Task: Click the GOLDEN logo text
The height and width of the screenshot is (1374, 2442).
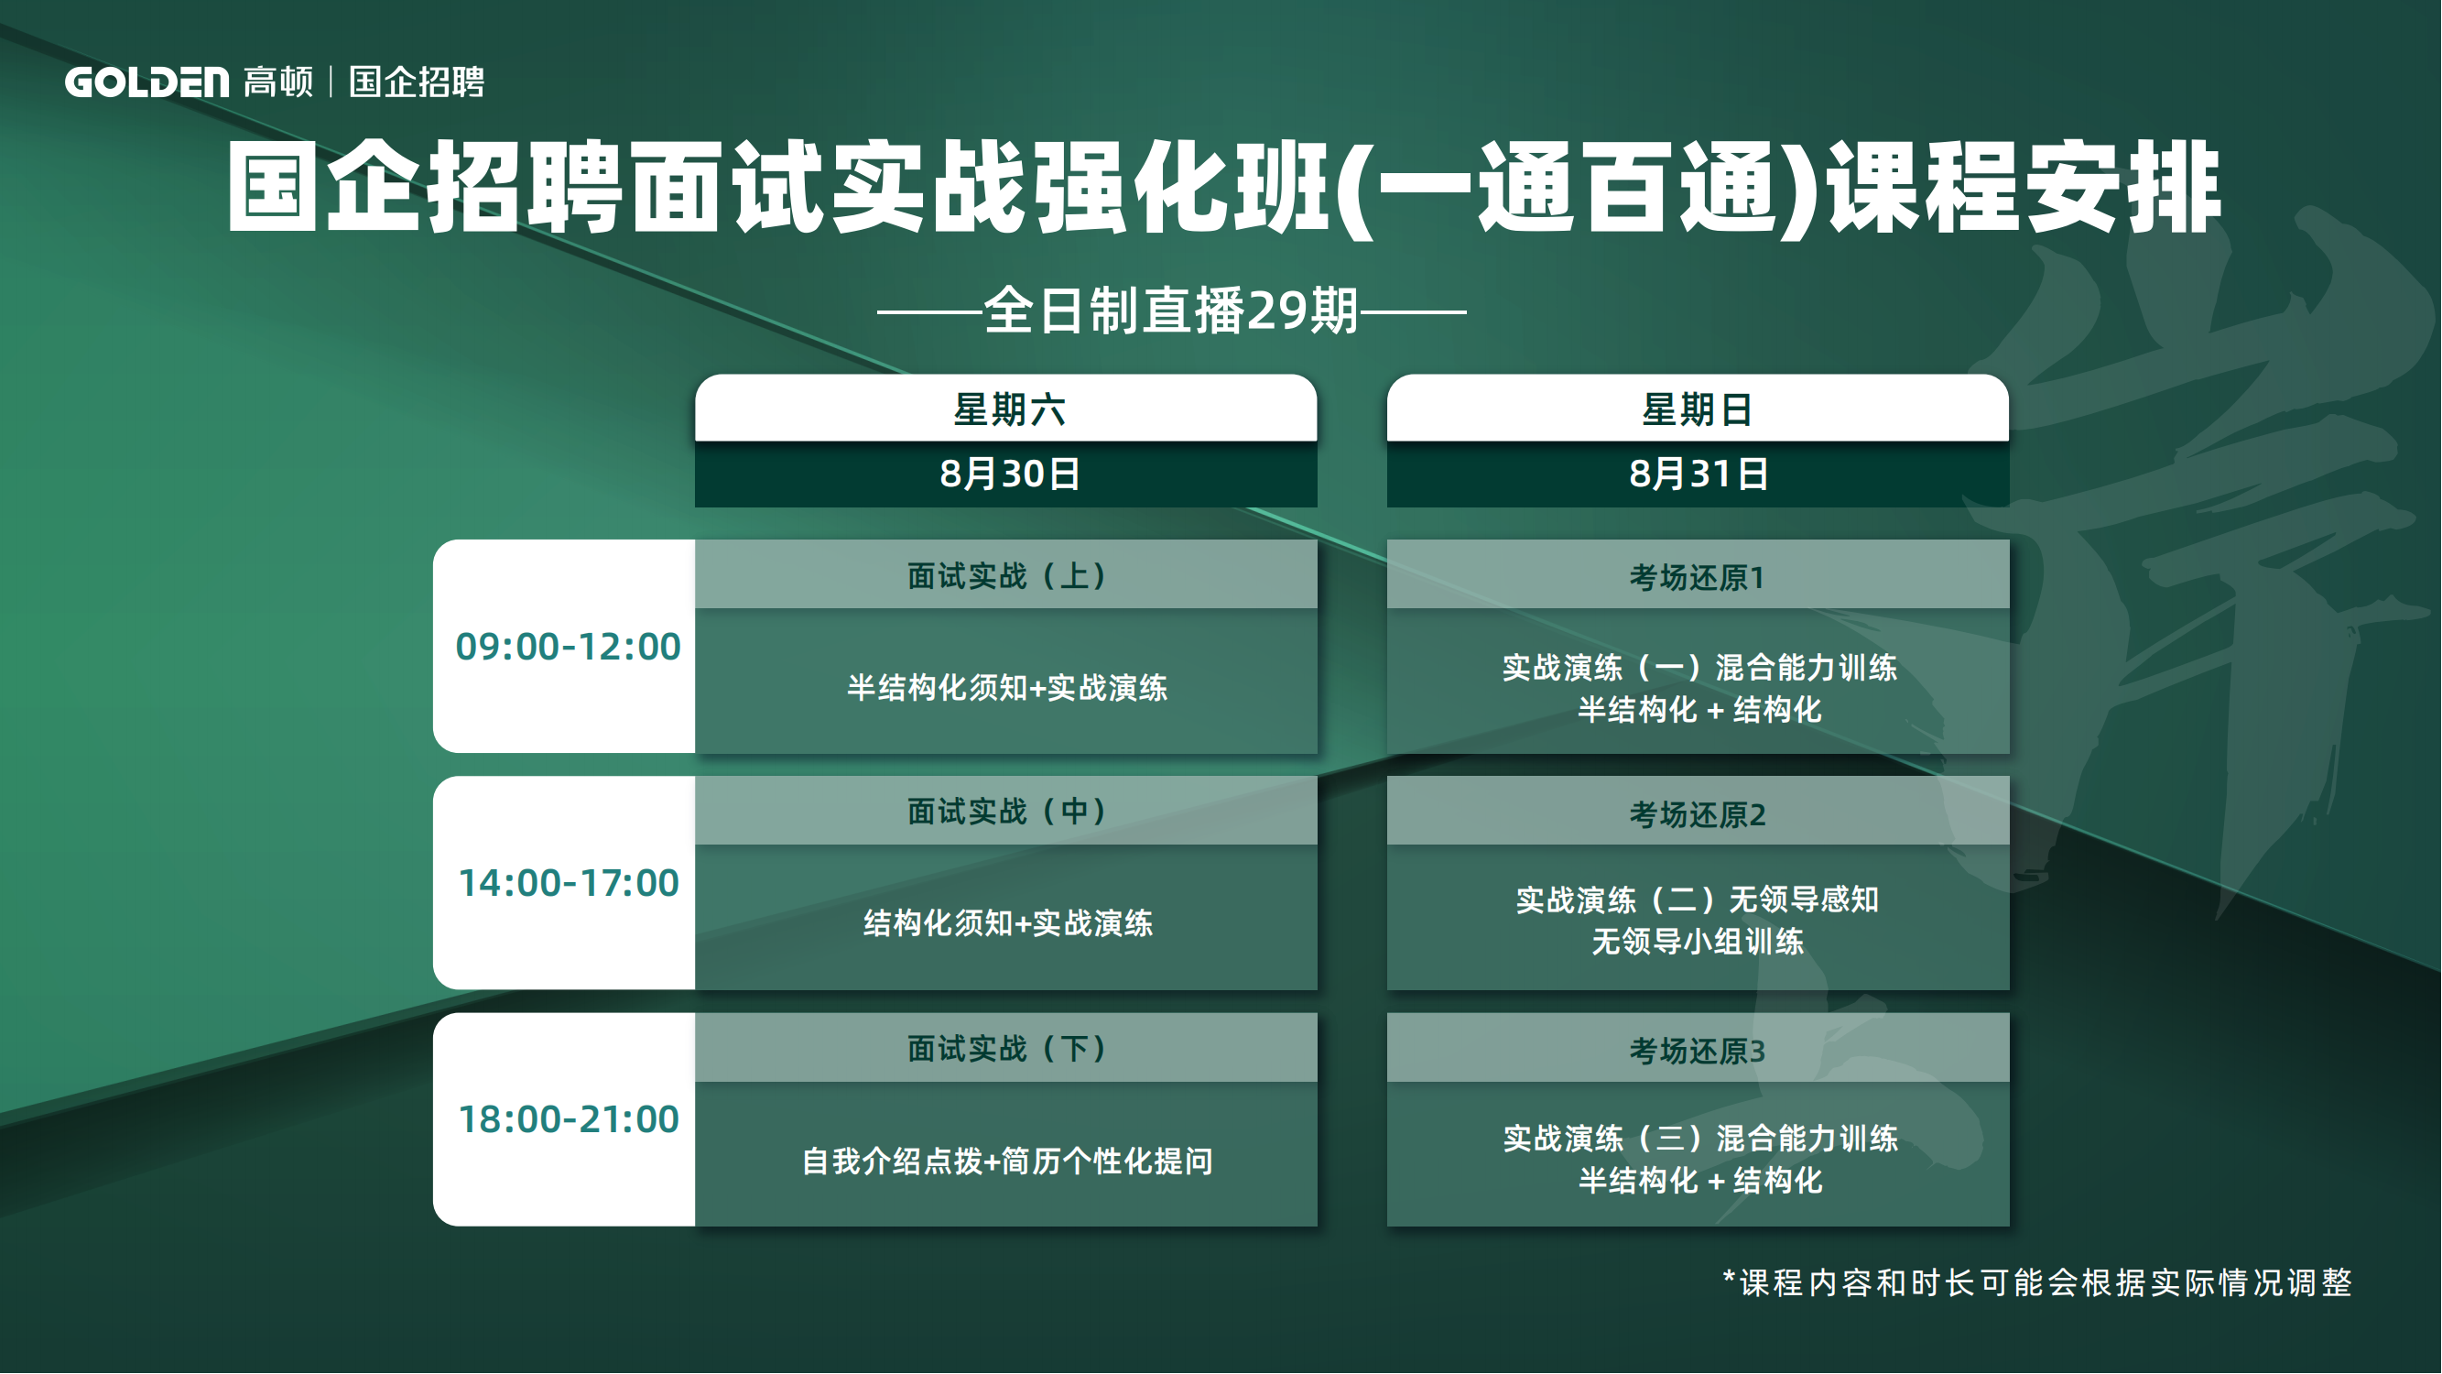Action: coord(147,82)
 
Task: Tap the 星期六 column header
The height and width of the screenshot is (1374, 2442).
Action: coord(1009,410)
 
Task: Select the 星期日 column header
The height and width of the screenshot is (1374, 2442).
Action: coord(1697,410)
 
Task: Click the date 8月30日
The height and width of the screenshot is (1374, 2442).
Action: coord(1009,474)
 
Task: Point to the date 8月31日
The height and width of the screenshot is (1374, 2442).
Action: coord(1698,474)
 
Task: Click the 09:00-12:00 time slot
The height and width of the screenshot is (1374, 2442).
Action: coord(568,647)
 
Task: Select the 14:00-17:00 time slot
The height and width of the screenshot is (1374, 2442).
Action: coord(568,883)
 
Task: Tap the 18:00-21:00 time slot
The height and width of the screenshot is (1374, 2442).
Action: coord(568,1120)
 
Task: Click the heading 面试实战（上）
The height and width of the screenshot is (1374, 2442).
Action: coord(1007,575)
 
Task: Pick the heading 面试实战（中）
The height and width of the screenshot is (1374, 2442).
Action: coord(1007,812)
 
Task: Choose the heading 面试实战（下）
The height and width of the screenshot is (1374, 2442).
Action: coord(1007,1049)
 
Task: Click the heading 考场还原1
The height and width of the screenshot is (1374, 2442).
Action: coord(1697,577)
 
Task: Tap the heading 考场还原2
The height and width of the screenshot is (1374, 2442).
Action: coord(1697,814)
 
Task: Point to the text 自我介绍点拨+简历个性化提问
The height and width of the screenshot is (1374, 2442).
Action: coord(1007,1161)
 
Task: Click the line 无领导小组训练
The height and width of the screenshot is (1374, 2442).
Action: coord(1697,942)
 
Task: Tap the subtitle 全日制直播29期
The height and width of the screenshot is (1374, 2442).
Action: coord(1172,311)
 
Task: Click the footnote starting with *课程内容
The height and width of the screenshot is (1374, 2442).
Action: coord(2037,1283)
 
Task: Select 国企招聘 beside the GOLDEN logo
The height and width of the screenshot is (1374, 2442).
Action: coord(418,82)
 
